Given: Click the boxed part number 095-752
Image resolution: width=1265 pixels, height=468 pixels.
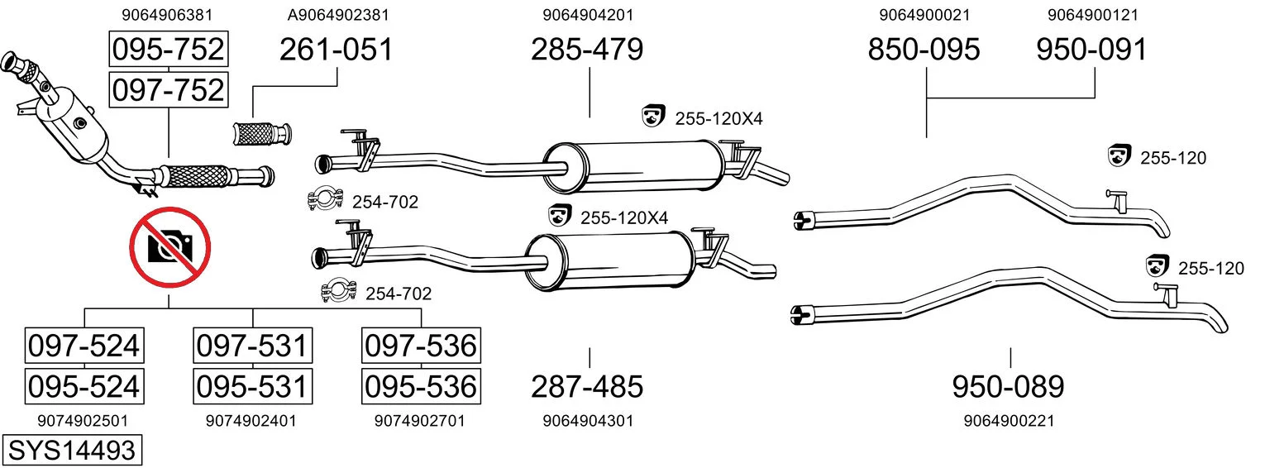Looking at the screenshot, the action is (169, 49).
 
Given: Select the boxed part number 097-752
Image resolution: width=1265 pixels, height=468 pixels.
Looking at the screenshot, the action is (169, 90).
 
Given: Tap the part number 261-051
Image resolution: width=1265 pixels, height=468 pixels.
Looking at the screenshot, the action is (336, 50).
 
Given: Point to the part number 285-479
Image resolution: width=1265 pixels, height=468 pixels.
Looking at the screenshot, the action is (587, 50).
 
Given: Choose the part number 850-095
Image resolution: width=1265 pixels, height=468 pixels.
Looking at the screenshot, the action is (924, 50).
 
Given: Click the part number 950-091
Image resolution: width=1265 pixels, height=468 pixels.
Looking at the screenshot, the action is (1091, 50).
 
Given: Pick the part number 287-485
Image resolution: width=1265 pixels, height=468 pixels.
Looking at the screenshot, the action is (587, 387).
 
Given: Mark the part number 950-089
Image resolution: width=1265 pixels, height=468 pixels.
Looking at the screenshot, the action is (1008, 387).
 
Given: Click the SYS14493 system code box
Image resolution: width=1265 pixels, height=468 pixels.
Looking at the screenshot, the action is (72, 451).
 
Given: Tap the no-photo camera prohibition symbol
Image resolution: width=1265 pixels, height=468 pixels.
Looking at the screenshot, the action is (170, 247).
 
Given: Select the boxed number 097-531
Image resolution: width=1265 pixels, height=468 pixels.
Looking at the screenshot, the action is (252, 346).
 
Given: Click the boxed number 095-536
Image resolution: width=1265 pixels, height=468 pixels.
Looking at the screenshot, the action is (421, 387).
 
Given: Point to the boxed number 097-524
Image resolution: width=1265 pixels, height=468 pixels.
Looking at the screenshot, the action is (84, 346).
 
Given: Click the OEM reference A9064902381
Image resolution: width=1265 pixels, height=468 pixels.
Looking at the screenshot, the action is (338, 15).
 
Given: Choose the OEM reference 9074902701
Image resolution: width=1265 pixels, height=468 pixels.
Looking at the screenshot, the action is (419, 421).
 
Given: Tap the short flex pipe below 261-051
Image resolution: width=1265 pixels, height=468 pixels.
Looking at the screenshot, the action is (262, 134).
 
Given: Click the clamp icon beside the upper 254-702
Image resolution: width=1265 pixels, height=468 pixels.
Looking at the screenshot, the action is (325, 198).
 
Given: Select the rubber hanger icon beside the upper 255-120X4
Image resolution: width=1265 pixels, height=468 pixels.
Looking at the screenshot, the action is (653, 116).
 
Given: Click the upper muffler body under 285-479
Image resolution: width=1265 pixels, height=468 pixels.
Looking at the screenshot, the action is (632, 166).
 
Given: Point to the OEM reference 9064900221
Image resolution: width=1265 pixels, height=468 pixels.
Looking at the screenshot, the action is (1010, 421).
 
